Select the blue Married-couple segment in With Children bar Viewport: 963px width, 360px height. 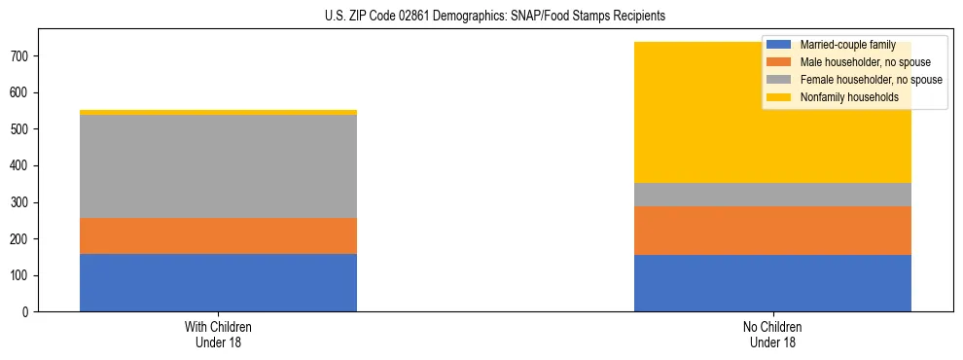pos(218,282)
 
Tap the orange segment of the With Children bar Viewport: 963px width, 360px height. pos(218,235)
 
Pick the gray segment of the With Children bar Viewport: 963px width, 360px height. pos(218,166)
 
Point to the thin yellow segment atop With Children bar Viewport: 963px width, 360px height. pos(218,113)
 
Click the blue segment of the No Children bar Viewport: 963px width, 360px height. pos(772,283)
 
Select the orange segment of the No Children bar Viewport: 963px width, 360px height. pos(772,231)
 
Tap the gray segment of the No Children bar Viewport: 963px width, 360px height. pos(772,195)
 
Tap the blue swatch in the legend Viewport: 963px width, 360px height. pos(779,45)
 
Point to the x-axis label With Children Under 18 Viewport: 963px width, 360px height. pos(218,334)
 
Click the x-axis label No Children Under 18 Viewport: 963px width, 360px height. pos(772,334)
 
